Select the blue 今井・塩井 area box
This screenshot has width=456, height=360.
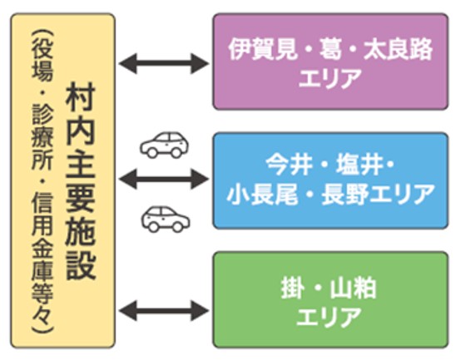(330, 179)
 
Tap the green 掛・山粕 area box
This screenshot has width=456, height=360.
(330, 300)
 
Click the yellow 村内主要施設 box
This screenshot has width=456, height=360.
(62, 179)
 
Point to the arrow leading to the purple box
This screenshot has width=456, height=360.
(164, 62)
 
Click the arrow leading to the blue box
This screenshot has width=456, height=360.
(164, 176)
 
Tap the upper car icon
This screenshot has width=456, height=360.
(164, 145)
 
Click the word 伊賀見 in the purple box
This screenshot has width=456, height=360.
(259, 48)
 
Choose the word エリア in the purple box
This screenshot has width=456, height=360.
(330, 78)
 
